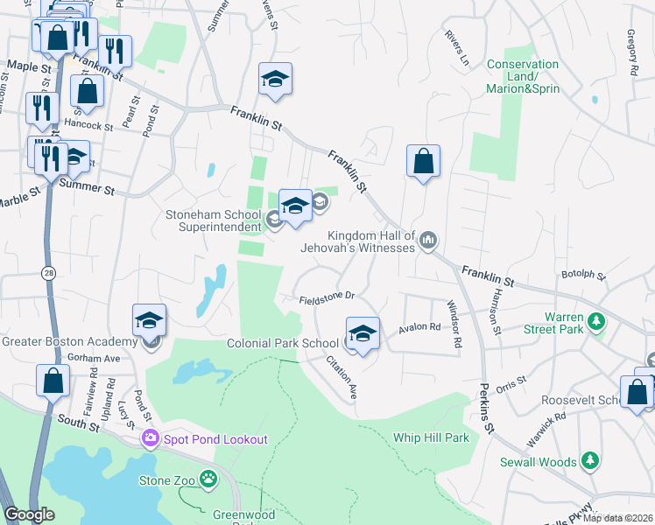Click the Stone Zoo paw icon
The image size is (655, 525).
click(x=208, y=479)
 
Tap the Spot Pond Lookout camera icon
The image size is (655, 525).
click(x=151, y=437)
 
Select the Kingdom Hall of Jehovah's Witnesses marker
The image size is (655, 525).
click(x=428, y=239)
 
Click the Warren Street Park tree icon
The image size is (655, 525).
click(x=596, y=321)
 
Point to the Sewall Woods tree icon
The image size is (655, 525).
click(x=591, y=460)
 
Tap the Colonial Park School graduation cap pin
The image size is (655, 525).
click(x=363, y=333)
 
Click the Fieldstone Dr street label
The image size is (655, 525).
click(x=326, y=297)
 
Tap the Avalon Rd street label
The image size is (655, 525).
click(x=419, y=327)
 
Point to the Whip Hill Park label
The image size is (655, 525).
click(x=431, y=437)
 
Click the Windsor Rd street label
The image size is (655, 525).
click(x=454, y=324)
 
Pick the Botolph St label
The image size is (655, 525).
click(x=584, y=274)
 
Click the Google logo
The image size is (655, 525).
click(x=29, y=514)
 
